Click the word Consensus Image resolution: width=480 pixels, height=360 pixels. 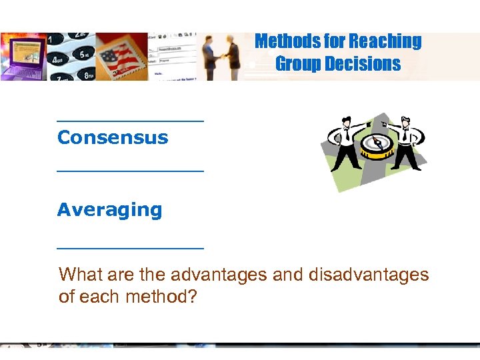(113, 138)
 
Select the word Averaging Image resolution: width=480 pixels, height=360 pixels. (109, 210)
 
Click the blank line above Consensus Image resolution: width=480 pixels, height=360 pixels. (130, 121)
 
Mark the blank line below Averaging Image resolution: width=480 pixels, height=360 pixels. (130, 247)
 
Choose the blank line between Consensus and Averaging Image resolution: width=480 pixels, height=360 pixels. (130, 171)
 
